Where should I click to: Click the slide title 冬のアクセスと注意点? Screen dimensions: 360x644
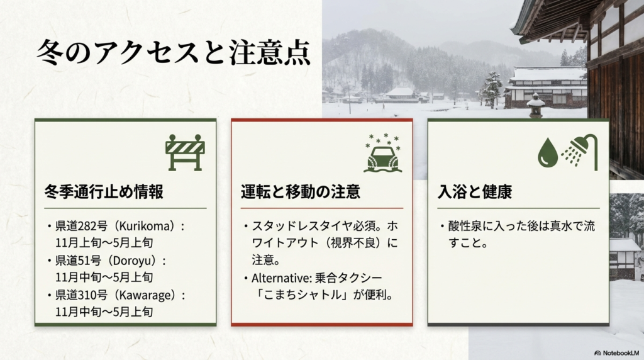tap(173, 53)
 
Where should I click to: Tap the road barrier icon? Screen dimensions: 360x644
tap(185, 152)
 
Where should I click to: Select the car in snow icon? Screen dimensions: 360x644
tap(382, 155)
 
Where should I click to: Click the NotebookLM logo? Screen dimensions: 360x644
tap(617, 352)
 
